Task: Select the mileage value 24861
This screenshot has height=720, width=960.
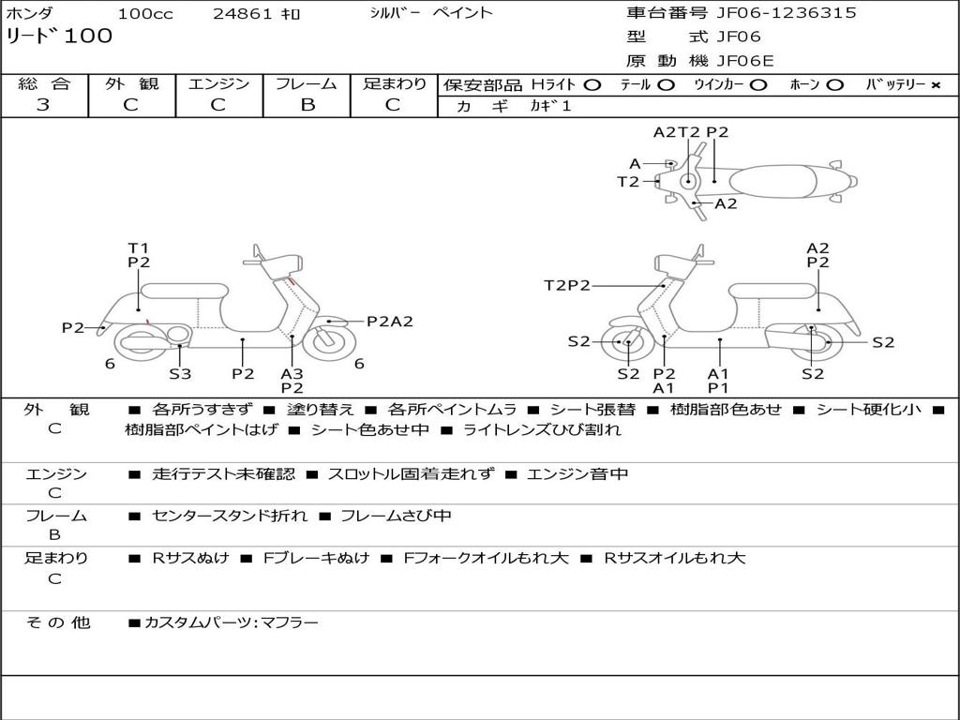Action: (x=243, y=14)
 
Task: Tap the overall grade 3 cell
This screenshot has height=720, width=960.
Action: (x=43, y=105)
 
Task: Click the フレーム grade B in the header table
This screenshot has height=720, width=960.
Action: (x=307, y=105)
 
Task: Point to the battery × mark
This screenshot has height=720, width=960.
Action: (x=935, y=84)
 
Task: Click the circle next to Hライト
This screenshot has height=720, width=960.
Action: (x=592, y=84)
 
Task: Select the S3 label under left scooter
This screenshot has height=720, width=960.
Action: (x=180, y=374)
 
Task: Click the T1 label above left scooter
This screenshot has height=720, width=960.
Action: (x=138, y=247)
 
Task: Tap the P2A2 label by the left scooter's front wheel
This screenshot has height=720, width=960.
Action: (x=389, y=322)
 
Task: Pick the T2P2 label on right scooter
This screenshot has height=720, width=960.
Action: (x=567, y=285)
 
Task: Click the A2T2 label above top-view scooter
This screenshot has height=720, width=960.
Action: (x=677, y=132)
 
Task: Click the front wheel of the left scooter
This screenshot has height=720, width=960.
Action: (x=330, y=342)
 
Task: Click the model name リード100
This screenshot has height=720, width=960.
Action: (x=59, y=37)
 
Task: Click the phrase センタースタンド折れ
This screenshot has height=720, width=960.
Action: (x=229, y=516)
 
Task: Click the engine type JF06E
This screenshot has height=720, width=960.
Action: (x=745, y=61)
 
